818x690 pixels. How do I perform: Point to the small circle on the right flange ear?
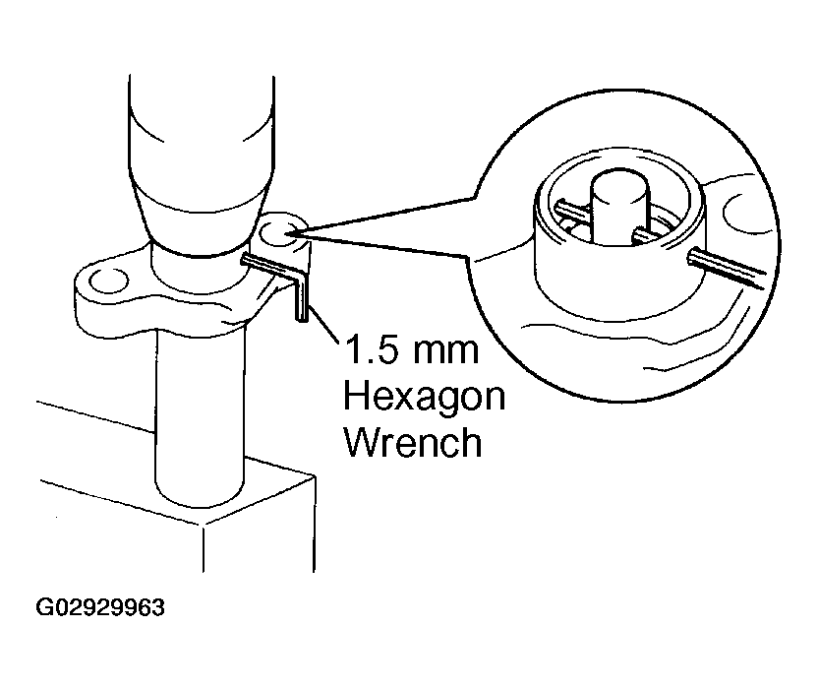pos(279,234)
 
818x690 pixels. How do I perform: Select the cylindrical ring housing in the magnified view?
pos(590,276)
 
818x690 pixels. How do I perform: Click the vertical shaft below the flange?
pos(197,413)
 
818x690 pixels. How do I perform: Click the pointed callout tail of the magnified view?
pos(393,220)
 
